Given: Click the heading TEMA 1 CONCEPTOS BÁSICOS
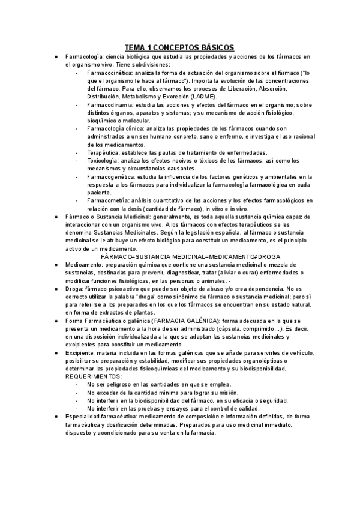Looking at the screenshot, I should (179, 47).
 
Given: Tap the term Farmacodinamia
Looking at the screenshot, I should (109, 104).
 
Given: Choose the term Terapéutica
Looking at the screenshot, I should (103, 152).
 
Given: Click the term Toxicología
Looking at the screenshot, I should (103, 160).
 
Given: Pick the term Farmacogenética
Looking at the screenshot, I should (110, 176).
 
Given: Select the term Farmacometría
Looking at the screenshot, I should (109, 200).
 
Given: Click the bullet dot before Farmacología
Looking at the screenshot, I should (55, 57).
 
